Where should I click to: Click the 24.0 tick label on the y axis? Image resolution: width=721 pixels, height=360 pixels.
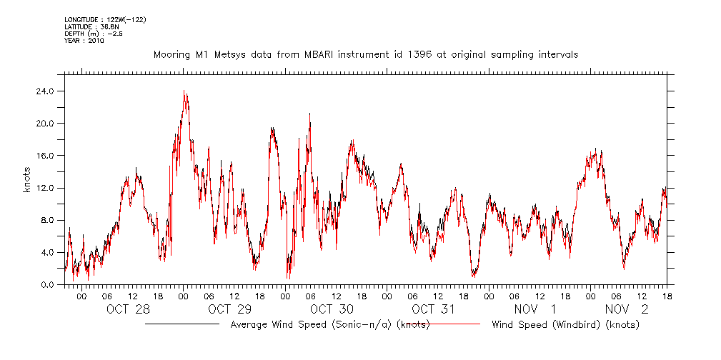46,91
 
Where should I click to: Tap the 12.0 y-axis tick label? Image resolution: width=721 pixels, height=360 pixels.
46,188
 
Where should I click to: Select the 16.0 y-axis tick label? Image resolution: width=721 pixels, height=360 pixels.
46,156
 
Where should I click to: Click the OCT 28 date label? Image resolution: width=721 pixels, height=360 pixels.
129,309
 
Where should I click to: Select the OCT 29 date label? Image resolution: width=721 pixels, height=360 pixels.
230,309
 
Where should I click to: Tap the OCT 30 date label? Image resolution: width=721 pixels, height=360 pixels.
332,309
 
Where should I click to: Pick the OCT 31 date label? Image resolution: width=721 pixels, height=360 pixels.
434,309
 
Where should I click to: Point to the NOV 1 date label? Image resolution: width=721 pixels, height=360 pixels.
535,309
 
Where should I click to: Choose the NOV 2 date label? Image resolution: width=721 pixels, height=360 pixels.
627,309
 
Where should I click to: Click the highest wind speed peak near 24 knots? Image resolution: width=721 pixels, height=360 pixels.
184,91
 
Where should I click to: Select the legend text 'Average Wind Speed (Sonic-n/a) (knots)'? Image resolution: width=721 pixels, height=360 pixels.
329,325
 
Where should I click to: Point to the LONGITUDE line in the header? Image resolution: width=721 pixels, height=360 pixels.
105,19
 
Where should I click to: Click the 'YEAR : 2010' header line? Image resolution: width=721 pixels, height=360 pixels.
84,41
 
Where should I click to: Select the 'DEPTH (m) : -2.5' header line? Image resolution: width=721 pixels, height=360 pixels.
94,34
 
